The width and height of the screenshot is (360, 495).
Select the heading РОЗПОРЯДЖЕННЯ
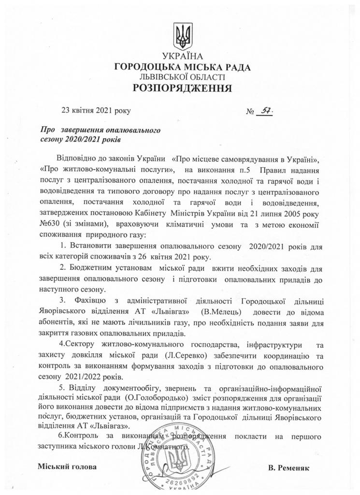183,88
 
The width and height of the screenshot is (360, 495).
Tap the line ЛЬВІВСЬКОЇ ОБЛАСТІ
183,77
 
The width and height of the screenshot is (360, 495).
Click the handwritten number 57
264,111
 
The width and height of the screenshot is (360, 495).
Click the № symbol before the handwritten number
250,112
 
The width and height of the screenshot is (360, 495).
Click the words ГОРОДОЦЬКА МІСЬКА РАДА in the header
183,68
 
